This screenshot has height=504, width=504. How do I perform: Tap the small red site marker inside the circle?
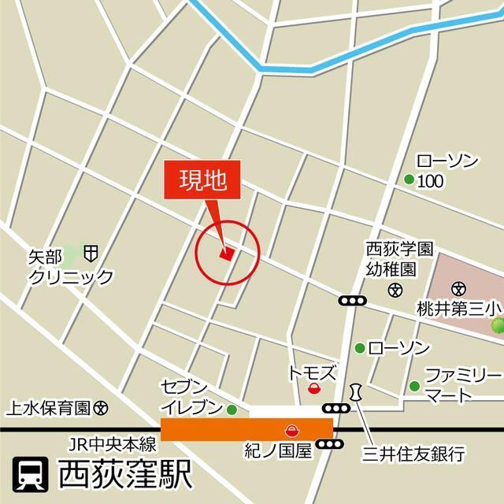(x=227, y=254)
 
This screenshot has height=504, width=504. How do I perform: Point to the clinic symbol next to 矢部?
(x=91, y=253)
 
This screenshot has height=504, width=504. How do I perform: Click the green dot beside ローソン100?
(x=409, y=180)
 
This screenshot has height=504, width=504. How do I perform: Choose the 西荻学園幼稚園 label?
(x=399, y=259)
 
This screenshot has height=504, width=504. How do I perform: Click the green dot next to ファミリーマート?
(x=414, y=385)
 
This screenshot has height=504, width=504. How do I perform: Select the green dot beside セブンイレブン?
(x=232, y=409)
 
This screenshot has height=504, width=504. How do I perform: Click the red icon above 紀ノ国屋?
(x=291, y=429)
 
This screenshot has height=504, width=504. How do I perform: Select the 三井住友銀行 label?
(x=414, y=453)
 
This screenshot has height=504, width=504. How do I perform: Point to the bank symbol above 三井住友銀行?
(x=358, y=392)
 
